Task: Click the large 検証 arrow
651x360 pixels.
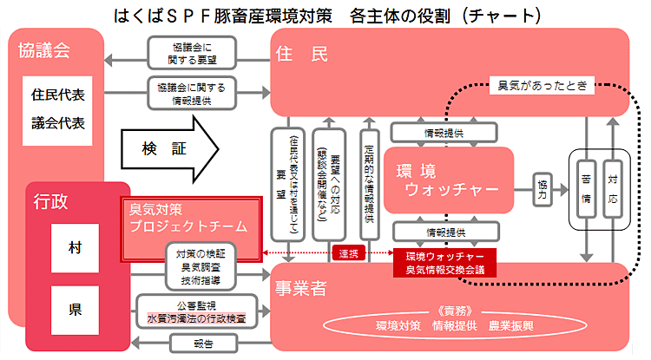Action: tap(170, 150)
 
